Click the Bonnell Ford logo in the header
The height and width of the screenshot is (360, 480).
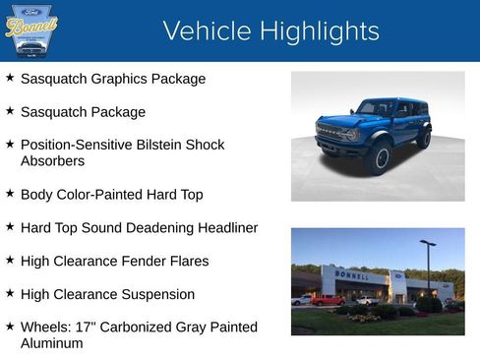31,30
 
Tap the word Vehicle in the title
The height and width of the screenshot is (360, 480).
208,31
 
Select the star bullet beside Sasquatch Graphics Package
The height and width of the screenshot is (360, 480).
10,78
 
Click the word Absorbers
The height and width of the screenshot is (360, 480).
52,160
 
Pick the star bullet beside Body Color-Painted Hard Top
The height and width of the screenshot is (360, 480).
10,194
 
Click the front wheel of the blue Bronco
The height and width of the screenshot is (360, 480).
379,158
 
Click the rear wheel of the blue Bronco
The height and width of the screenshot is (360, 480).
424,139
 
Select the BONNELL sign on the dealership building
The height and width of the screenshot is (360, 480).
351,276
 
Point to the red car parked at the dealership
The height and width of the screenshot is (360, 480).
327,300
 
